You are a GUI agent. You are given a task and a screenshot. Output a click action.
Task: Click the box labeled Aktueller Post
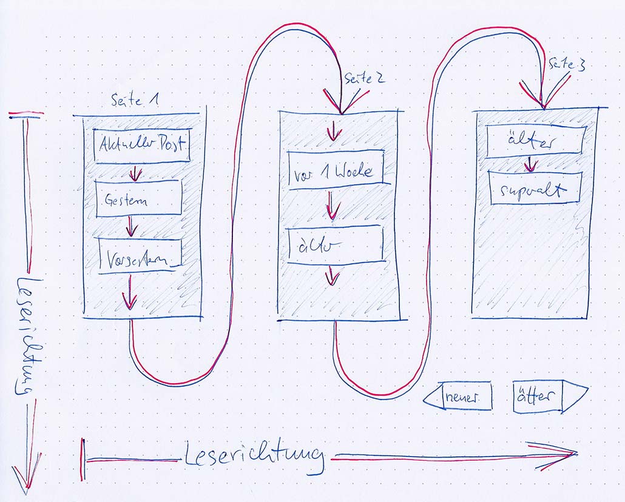click(x=143, y=146)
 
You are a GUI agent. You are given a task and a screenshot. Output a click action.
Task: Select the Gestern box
click(x=138, y=198)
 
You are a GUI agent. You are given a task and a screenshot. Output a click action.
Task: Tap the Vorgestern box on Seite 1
click(x=141, y=255)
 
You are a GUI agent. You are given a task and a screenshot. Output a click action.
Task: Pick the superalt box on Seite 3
click(x=535, y=188)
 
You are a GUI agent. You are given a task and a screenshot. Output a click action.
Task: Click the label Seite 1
click(x=135, y=101)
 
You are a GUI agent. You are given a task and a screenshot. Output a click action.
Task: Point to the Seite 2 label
click(x=364, y=78)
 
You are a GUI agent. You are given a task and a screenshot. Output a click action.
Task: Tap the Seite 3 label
click(x=567, y=65)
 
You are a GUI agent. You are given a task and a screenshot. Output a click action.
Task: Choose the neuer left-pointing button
click(x=458, y=397)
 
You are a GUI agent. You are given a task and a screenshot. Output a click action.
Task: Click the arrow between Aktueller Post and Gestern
click(x=135, y=173)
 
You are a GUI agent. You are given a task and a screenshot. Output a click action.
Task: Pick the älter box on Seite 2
click(x=334, y=245)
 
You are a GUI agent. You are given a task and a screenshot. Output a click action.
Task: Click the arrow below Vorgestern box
click(x=129, y=298)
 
